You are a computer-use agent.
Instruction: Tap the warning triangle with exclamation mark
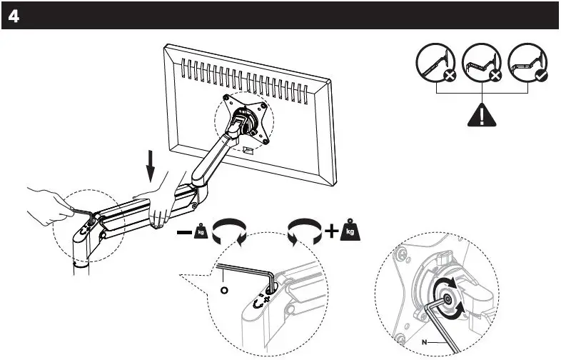pyautogui.click(x=483, y=114)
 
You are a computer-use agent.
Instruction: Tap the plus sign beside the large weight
pyautogui.click(x=330, y=232)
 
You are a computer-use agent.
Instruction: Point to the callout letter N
pyautogui.click(x=423, y=343)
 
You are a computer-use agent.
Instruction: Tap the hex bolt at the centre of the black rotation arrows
pyautogui.click(x=447, y=302)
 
